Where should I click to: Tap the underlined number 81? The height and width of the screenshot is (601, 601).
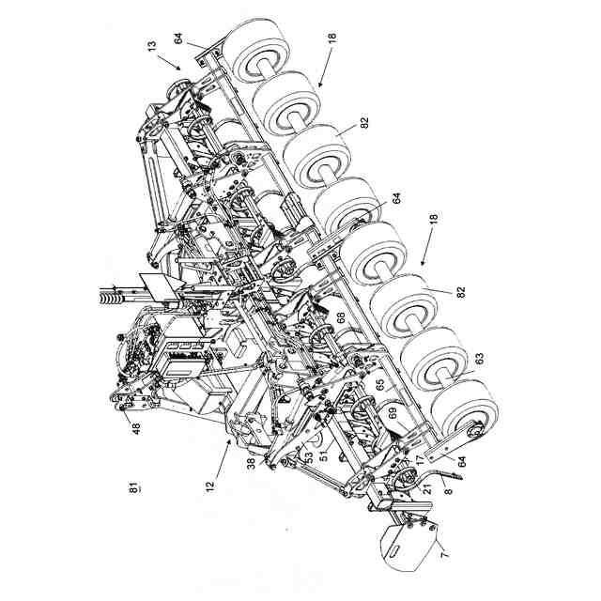click(132, 487)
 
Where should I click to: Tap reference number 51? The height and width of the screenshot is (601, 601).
click(322, 456)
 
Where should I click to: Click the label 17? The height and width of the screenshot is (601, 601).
click(420, 459)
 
